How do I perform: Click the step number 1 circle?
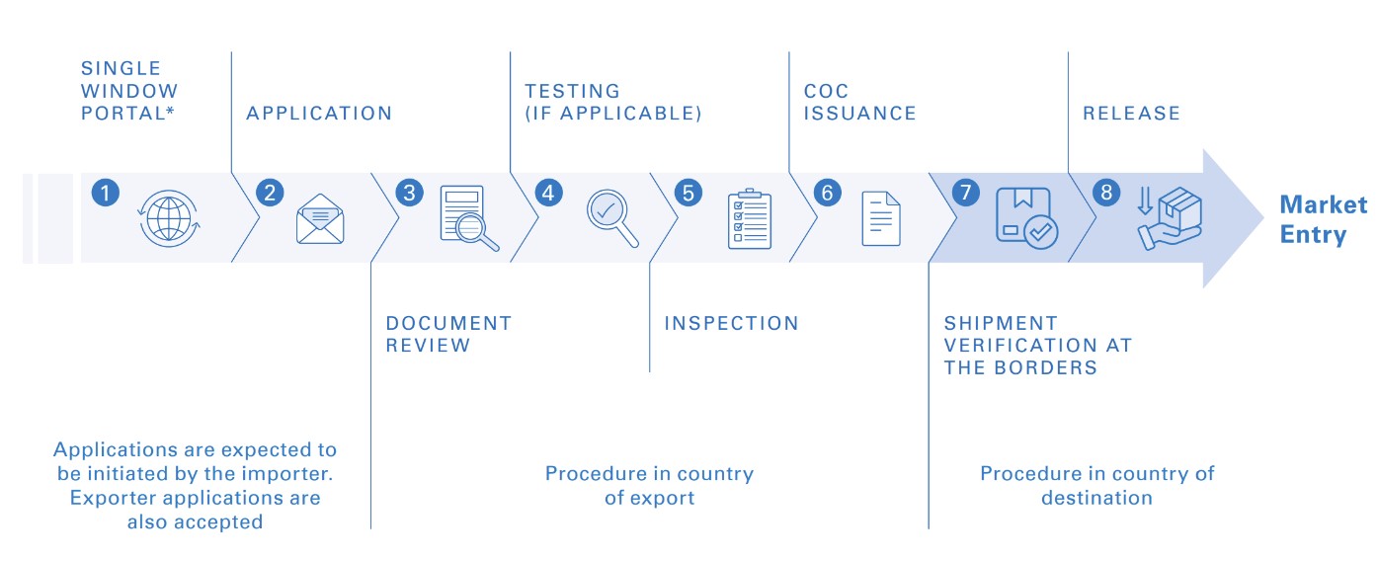point(105,192)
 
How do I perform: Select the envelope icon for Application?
point(320,219)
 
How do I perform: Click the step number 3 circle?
point(408,192)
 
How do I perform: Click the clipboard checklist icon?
point(749,218)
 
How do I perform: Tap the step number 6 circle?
point(826,192)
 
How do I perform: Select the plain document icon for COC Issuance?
point(881,218)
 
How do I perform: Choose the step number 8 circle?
point(1104,192)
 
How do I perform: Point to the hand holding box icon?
point(1169,218)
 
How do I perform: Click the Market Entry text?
point(1323,220)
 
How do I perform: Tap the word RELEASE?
point(1131,114)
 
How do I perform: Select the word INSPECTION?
point(731,323)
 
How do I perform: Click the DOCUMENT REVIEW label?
point(448,334)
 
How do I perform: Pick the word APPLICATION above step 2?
point(319,114)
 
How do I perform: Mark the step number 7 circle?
point(965,192)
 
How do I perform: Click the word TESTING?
point(572,92)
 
